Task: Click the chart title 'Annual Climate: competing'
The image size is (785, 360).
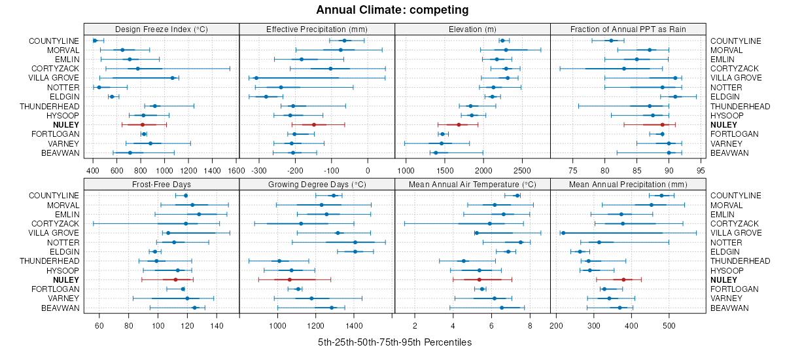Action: [x=392, y=10]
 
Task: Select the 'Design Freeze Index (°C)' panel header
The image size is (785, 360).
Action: [x=161, y=29]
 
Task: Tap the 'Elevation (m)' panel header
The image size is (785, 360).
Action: [x=472, y=29]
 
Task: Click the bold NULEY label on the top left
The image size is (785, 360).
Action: [x=65, y=124]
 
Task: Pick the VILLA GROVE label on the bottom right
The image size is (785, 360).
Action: [x=736, y=233]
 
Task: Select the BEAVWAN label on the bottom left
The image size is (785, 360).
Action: [x=60, y=308]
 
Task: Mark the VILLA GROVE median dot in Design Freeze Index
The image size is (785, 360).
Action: [x=173, y=78]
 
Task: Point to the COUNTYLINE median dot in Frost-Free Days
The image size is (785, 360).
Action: [x=186, y=196]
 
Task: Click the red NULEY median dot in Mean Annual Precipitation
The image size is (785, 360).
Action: [x=623, y=279]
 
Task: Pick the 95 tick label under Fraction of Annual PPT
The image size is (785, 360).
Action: [x=701, y=171]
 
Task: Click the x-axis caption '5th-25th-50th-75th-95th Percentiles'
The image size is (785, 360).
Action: [x=394, y=342]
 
